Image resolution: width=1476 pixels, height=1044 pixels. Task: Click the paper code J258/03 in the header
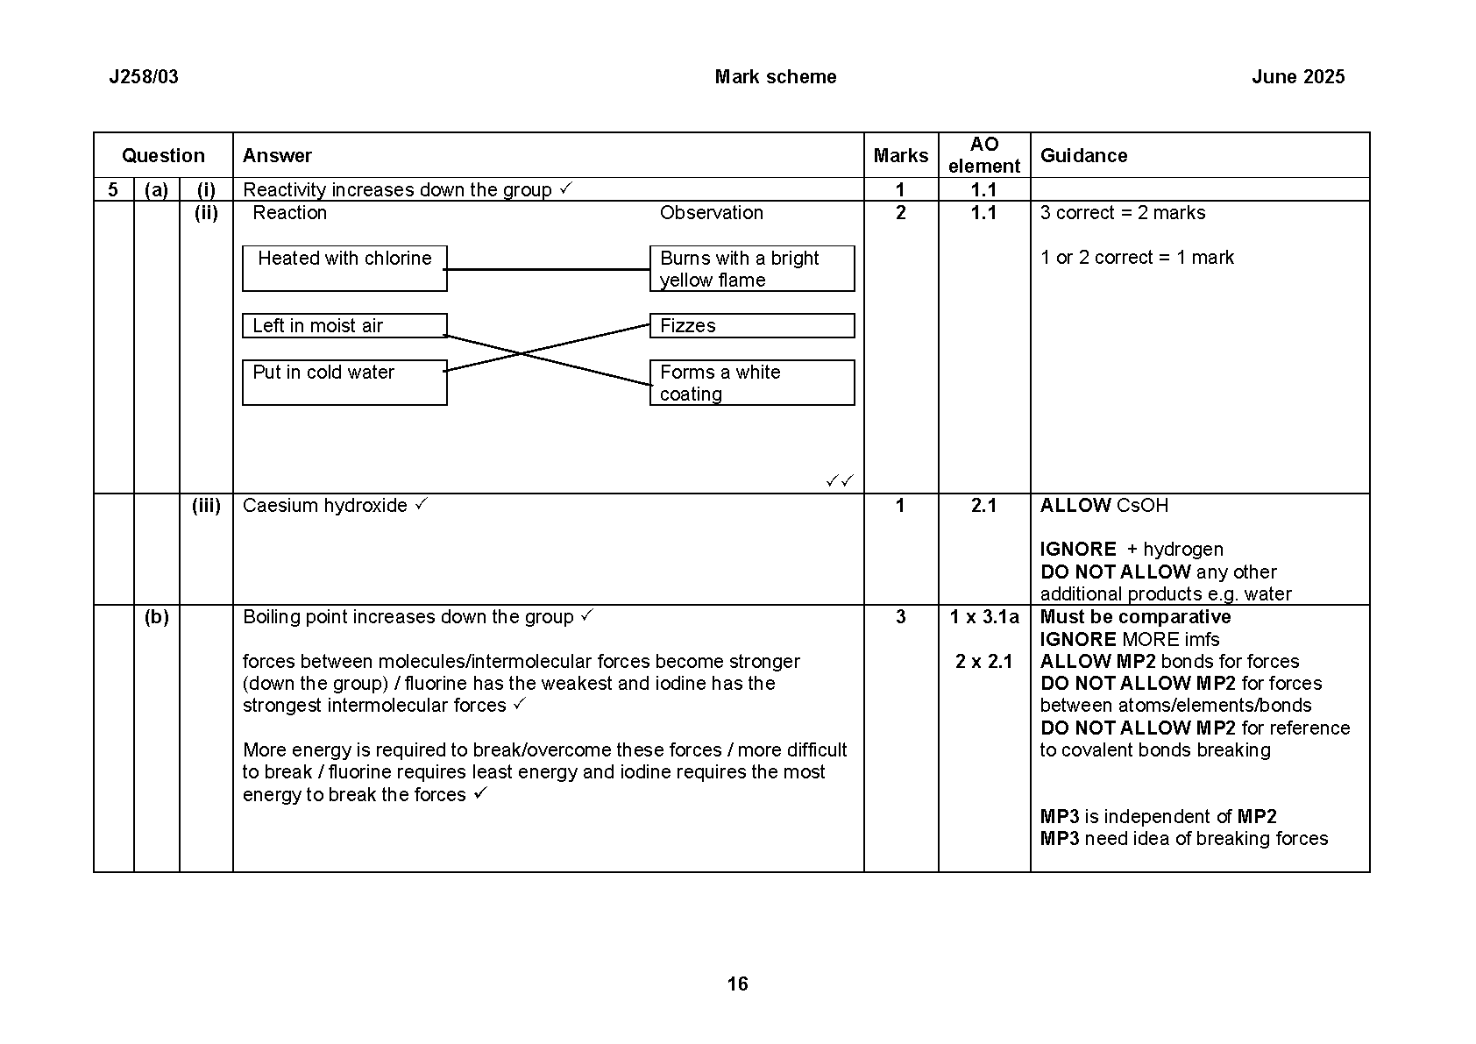(x=144, y=77)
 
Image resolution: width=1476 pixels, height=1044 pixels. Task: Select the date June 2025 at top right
(x=1297, y=77)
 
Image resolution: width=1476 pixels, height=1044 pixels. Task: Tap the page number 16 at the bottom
(x=737, y=984)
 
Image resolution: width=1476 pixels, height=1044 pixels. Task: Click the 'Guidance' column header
(x=1083, y=156)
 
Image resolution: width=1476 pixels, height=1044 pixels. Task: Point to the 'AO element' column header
(x=983, y=155)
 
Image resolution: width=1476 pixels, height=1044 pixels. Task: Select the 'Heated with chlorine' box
(x=344, y=268)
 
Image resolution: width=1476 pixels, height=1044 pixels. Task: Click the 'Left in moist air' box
(x=344, y=326)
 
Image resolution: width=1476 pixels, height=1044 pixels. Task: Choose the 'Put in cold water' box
(x=344, y=382)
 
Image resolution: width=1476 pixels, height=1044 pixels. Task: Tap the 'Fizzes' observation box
(x=751, y=326)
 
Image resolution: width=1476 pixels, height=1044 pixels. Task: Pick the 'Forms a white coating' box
(x=751, y=382)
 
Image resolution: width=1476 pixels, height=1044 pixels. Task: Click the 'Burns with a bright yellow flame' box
(x=751, y=268)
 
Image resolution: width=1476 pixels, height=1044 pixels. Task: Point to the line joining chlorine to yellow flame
(x=548, y=270)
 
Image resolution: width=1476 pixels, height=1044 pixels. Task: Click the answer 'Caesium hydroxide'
(x=325, y=506)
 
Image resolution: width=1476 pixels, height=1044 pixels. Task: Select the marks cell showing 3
(x=900, y=617)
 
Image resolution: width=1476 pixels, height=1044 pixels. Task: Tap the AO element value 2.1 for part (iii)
(x=983, y=506)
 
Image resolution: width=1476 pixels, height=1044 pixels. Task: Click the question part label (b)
(x=156, y=617)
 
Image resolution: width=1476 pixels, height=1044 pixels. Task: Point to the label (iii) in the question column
(x=206, y=506)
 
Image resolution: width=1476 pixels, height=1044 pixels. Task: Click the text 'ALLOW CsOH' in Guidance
(x=1103, y=506)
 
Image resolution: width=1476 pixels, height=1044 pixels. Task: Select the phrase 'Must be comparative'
(x=1135, y=617)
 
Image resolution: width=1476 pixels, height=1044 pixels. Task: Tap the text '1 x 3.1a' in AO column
(x=983, y=617)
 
